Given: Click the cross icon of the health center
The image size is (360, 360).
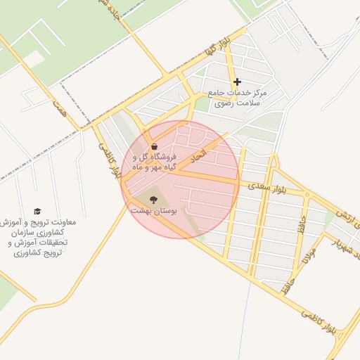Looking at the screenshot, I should pos(237,82).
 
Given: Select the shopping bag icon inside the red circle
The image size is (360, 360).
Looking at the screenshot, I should pos(154,146).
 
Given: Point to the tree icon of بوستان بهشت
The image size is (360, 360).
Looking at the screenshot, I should pos(153,200).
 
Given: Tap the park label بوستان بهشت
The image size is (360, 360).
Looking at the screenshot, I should pos(155,210).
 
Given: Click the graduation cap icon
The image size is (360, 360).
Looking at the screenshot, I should pos(37,211).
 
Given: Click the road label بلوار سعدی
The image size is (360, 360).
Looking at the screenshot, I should pos(264,186).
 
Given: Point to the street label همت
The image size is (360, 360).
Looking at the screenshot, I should pos(60,108).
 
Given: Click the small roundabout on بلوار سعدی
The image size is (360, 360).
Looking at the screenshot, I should pos(307,193).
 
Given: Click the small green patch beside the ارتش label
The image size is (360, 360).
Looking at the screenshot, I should pos(330,219).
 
